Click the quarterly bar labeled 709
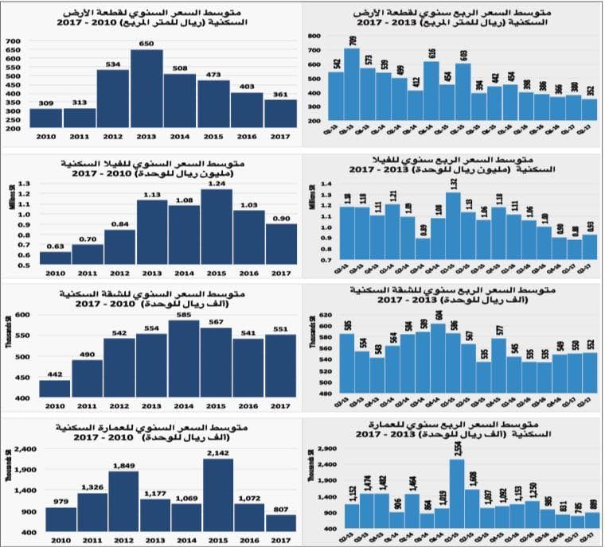point(353,87)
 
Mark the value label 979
point(60,502)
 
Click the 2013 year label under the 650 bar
point(146,137)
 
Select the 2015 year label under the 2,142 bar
point(216,540)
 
